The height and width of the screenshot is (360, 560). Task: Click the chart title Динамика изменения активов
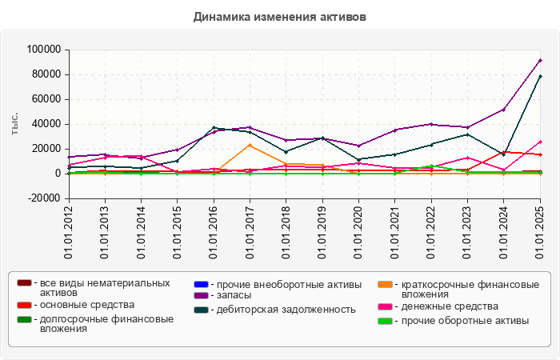(x=280, y=16)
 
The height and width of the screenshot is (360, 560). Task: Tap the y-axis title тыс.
(x=14, y=124)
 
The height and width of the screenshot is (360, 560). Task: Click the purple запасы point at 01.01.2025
(x=540, y=60)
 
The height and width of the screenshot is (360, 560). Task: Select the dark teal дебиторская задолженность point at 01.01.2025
(x=540, y=76)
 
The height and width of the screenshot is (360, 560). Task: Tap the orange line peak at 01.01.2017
(x=250, y=145)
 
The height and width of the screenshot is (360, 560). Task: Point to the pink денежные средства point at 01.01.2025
(x=540, y=142)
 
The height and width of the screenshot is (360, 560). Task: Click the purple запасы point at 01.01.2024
(x=504, y=110)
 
